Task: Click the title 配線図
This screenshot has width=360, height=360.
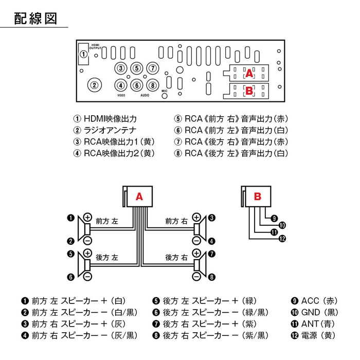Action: click(34, 19)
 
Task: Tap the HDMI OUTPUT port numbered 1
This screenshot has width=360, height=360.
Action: click(83, 54)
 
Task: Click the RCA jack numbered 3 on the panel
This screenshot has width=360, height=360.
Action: click(120, 68)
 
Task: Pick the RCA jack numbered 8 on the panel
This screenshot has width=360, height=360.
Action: click(152, 85)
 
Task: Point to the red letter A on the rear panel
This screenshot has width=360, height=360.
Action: click(249, 73)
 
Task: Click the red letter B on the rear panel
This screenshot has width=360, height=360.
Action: click(249, 91)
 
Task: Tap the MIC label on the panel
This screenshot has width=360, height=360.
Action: click(165, 91)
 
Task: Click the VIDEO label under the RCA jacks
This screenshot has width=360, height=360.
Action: click(121, 96)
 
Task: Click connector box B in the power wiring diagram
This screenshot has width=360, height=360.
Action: click(257, 196)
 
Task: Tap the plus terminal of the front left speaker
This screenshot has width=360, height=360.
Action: click(87, 218)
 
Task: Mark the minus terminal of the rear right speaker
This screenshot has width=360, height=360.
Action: click(196, 277)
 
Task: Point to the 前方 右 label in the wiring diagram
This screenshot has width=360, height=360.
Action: click(176, 221)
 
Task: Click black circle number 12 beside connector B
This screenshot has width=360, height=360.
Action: click(281, 239)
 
